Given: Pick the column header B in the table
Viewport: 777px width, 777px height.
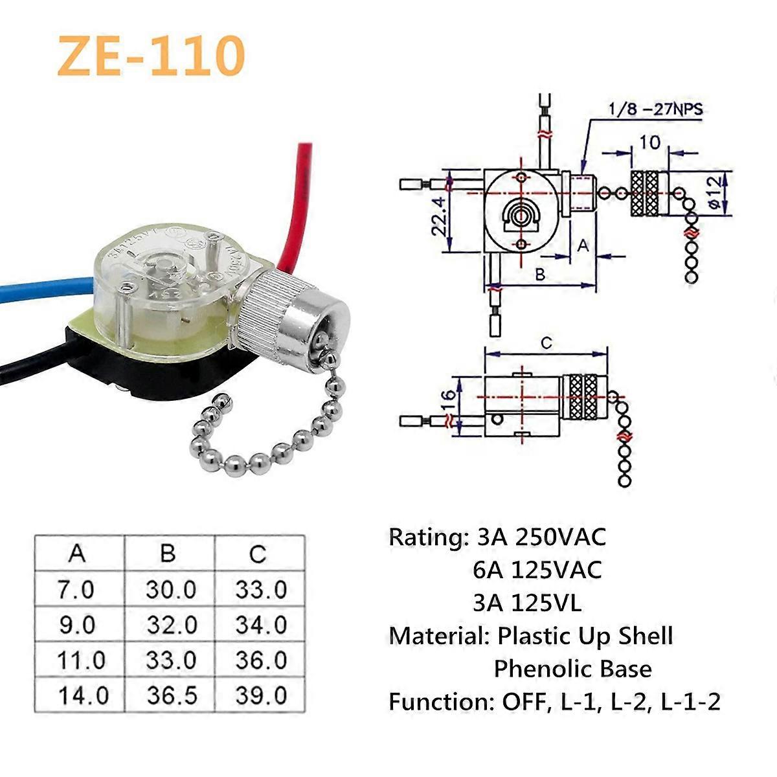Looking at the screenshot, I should [168, 554].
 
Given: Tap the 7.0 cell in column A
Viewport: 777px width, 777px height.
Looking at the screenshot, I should [76, 590].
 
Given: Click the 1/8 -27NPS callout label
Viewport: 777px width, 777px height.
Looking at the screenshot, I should [655, 109].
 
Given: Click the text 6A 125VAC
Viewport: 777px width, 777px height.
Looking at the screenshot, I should [537, 570].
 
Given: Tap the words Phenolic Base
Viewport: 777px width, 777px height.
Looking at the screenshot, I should [572, 668].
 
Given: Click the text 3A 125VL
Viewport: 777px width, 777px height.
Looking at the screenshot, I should [527, 603].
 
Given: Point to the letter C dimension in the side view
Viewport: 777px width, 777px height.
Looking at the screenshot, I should [546, 343].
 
